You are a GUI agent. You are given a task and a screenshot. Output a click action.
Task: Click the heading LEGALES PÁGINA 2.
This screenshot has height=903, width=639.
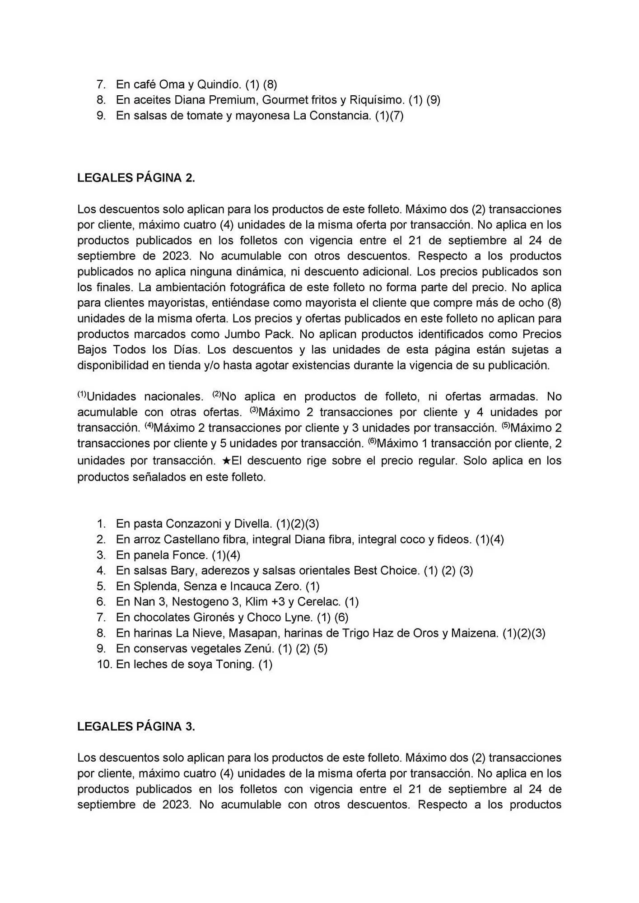[x=136, y=178]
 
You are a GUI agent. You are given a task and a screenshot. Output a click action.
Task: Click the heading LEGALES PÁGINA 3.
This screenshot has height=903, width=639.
[x=136, y=726]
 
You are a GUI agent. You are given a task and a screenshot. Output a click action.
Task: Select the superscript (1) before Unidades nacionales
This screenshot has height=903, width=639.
[x=81, y=394]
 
